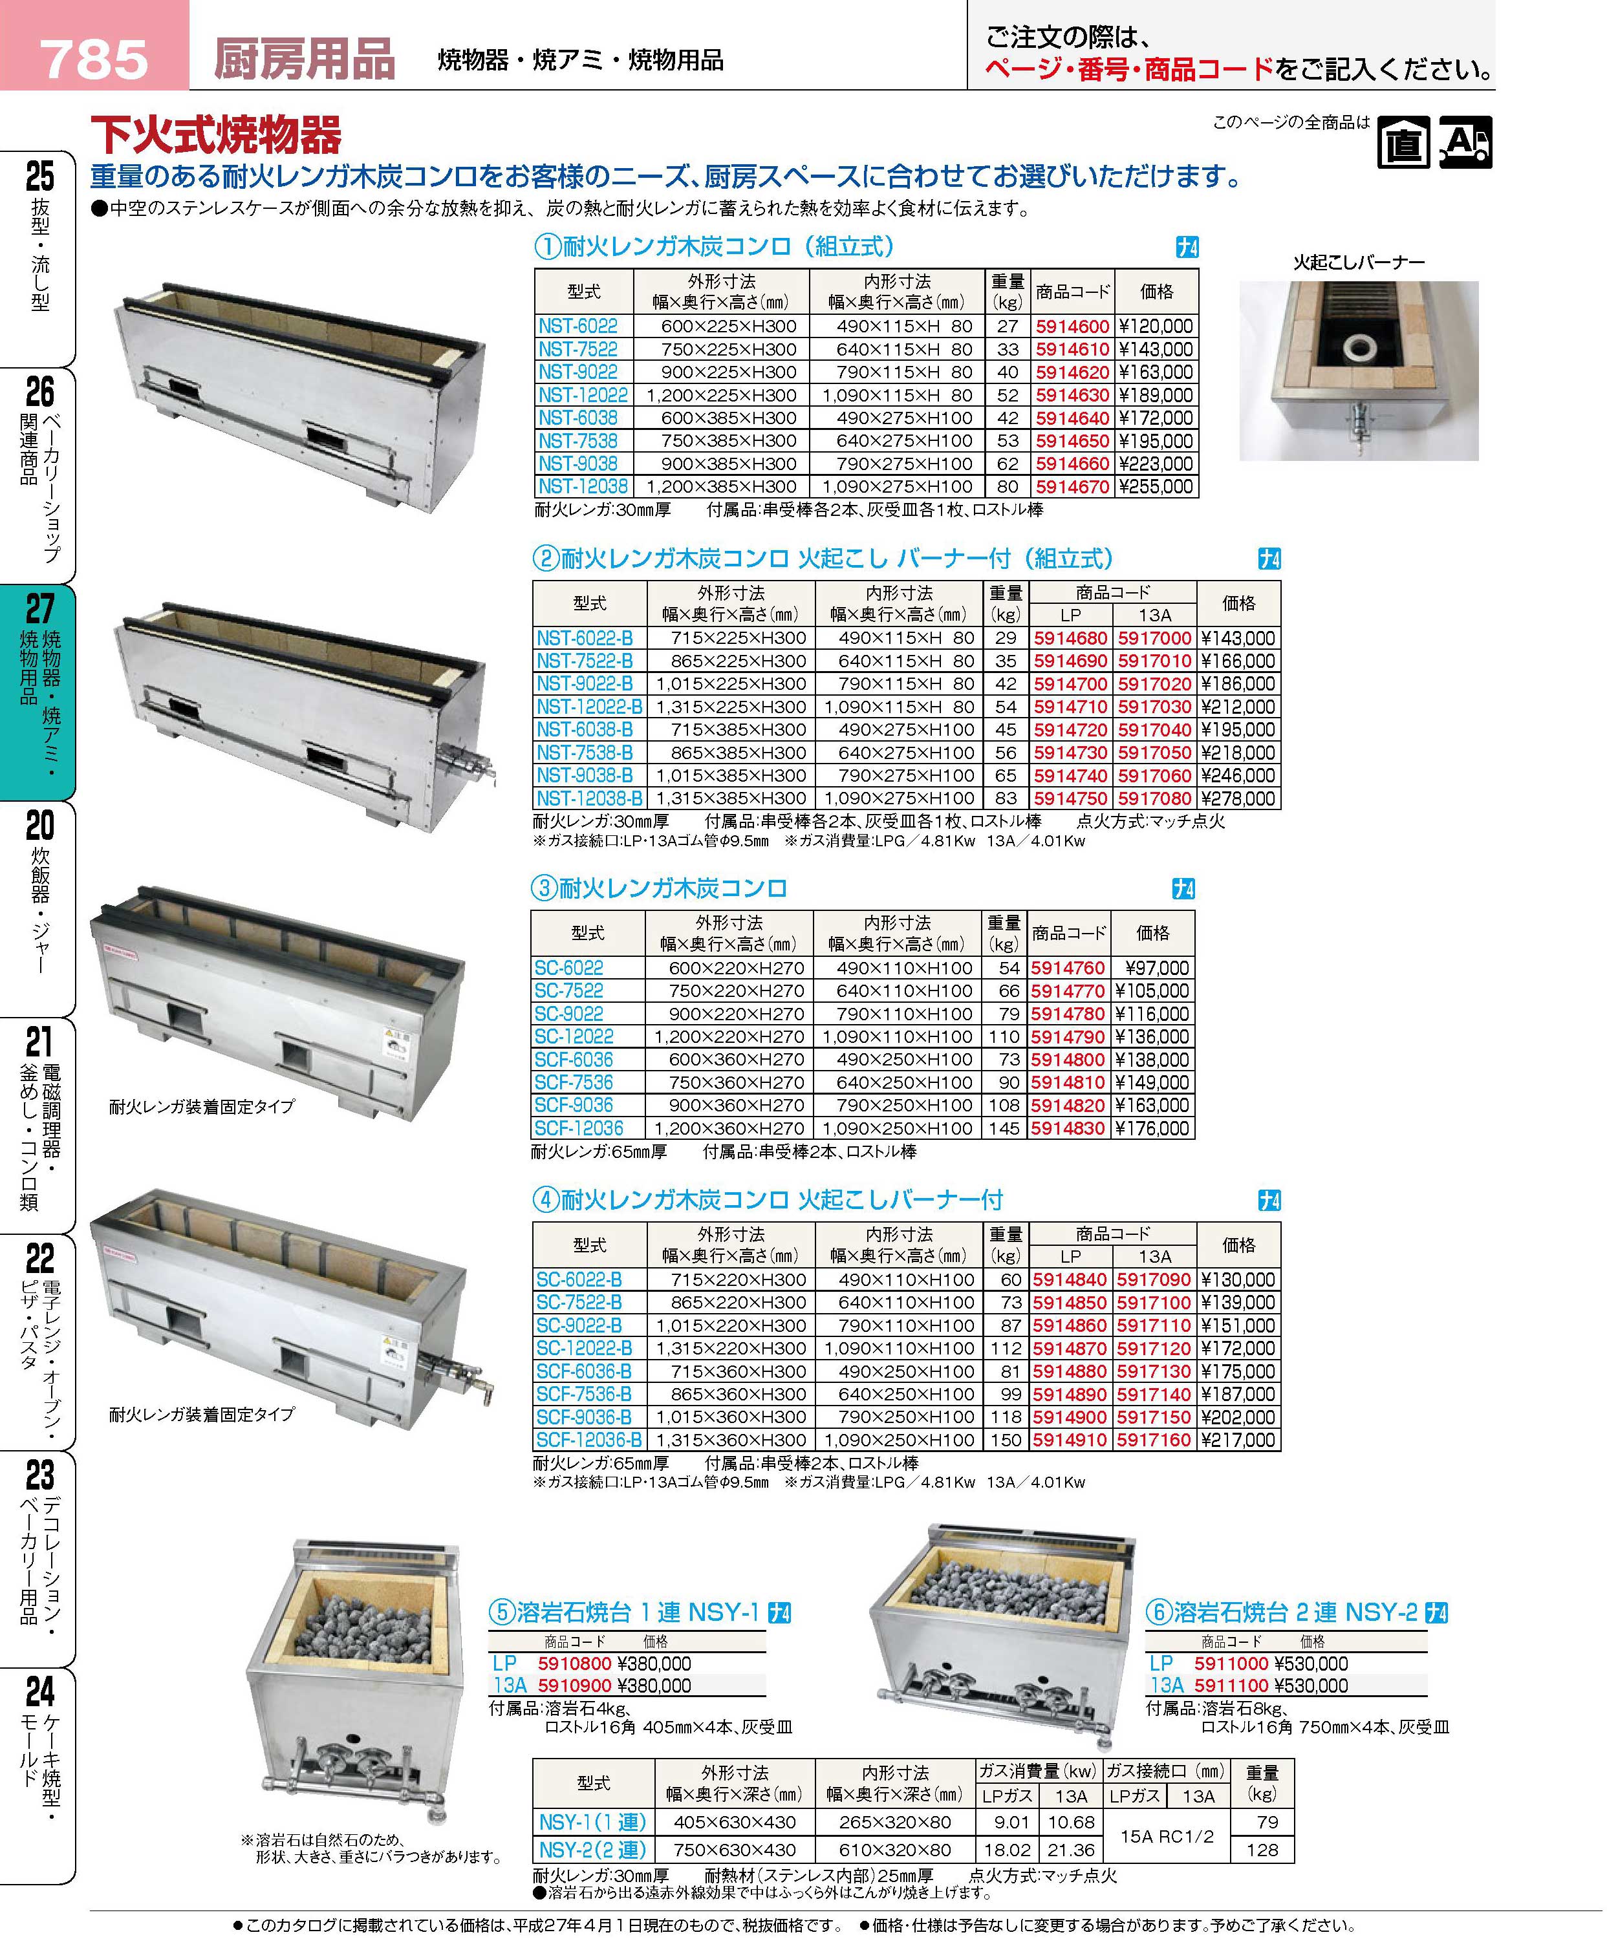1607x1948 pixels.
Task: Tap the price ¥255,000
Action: point(1156,487)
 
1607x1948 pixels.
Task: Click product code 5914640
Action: point(1072,418)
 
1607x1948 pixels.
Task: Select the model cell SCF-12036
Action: point(579,1129)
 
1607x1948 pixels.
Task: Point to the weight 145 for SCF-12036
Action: point(1004,1129)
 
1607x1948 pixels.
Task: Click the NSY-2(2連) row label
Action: point(592,1850)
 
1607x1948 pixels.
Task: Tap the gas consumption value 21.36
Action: point(1071,1850)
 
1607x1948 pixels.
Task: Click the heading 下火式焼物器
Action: point(216,136)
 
